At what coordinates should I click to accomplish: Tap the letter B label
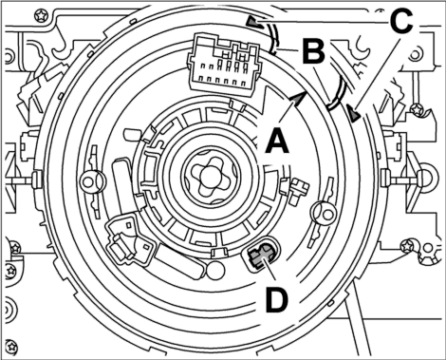tap(313, 50)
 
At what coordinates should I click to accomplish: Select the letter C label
tap(401, 20)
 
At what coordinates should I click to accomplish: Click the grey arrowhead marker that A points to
tap(298, 98)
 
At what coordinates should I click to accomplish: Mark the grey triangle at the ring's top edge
tap(254, 23)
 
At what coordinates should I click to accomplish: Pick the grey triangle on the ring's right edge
tap(354, 113)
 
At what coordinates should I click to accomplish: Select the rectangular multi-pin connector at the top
tap(224, 63)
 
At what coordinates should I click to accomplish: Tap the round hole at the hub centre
tap(208, 173)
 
